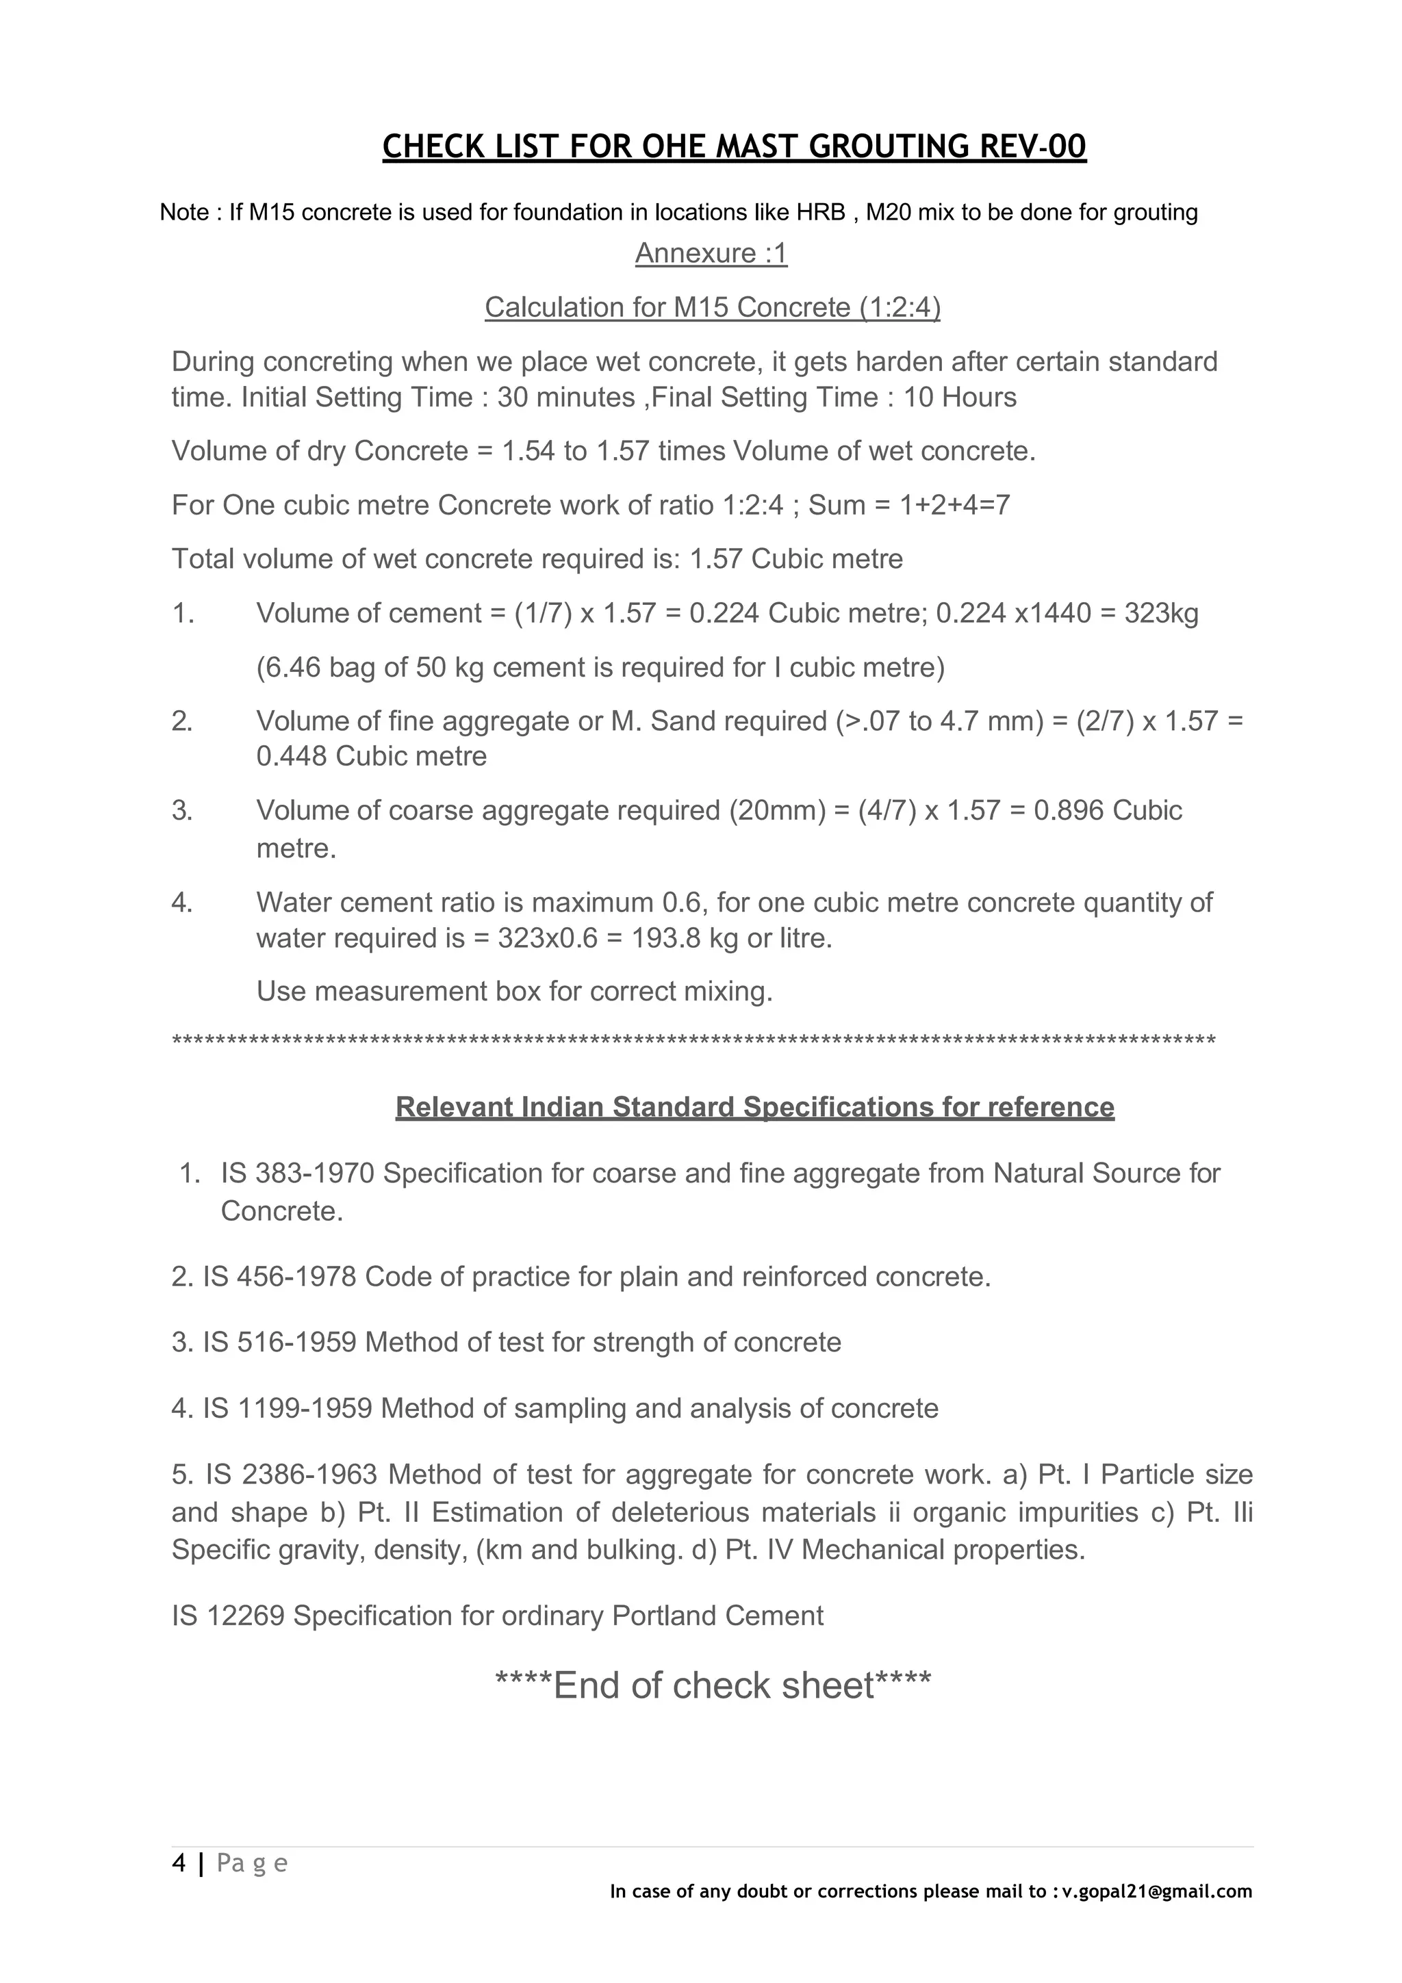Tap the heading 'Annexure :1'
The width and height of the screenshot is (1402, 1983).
coord(711,253)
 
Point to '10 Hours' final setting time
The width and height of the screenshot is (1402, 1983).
coord(960,398)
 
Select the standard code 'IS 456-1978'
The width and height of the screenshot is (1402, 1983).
coord(280,1277)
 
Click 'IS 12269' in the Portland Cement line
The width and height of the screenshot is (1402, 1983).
coord(228,1615)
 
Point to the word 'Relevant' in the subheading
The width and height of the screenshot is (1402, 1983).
coord(455,1107)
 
